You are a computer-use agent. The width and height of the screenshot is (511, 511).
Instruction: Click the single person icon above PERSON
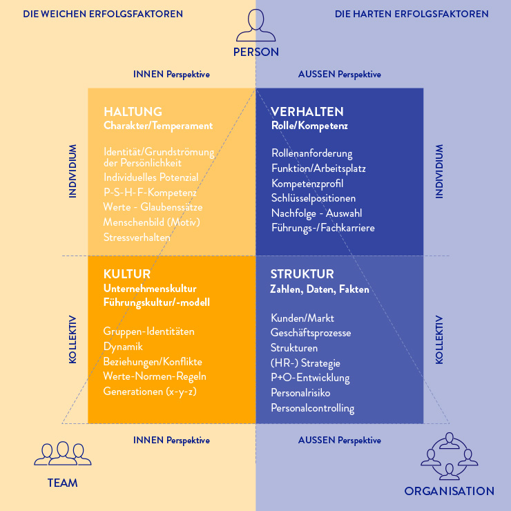256,25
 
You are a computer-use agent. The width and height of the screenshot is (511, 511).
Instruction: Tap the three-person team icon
63,453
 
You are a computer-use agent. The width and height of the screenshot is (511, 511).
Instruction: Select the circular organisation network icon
449,456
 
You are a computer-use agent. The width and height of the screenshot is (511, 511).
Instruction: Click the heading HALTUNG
133,112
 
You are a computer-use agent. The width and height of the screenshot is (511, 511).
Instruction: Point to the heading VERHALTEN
307,112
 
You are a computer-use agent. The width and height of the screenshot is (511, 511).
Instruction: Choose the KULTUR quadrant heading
127,274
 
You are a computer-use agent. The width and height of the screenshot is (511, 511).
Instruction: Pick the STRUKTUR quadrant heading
302,274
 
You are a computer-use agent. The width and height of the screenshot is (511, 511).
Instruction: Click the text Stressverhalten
137,238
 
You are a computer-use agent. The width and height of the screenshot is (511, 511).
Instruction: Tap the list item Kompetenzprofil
307,184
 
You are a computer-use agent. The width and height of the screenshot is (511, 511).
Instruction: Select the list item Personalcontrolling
313,408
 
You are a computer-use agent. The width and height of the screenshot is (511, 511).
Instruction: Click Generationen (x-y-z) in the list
150,392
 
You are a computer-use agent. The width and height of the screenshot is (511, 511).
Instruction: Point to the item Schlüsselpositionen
314,198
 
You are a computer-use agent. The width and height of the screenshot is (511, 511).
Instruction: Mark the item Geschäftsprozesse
311,333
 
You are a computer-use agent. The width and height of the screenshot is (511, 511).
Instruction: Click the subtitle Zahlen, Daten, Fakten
320,289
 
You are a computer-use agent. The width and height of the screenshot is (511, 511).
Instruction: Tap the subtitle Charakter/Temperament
158,126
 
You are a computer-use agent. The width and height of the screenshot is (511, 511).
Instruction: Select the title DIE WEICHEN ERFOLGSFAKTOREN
103,14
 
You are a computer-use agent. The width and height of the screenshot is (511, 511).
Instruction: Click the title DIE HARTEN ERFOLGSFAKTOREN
412,14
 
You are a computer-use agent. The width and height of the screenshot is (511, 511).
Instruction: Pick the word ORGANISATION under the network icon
450,491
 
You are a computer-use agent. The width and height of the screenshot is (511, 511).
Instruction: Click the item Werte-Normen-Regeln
155,376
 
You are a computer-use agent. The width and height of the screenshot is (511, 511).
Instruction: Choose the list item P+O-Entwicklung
310,378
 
